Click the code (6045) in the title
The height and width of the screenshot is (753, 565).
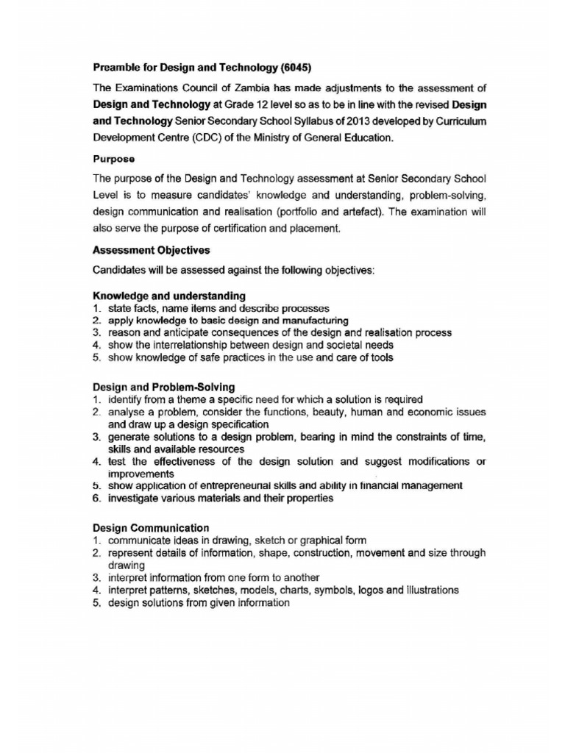pyautogui.click(x=293, y=70)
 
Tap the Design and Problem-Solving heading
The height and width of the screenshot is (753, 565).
pyautogui.click(x=164, y=387)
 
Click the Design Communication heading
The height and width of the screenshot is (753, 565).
pyautogui.click(x=151, y=527)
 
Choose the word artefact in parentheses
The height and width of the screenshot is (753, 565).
pyautogui.click(x=399, y=212)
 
